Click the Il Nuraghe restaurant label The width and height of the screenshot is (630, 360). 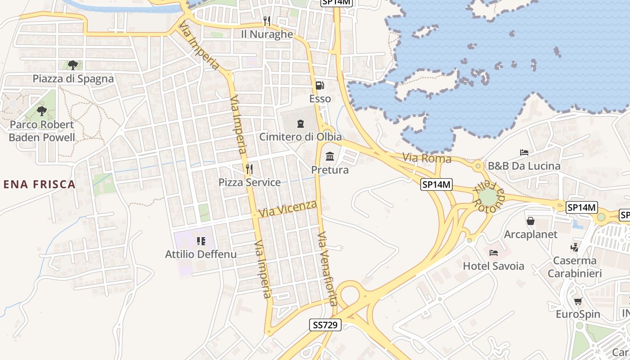[267, 34]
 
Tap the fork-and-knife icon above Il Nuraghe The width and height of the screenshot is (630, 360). [267, 21]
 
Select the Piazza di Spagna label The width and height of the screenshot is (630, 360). [73, 79]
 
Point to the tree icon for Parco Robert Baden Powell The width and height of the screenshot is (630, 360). [42, 111]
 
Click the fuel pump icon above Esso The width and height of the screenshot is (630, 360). [319, 85]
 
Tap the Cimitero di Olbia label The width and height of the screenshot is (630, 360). [300, 137]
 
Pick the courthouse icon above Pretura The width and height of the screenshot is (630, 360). [330, 157]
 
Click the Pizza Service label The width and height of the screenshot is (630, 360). [249, 182]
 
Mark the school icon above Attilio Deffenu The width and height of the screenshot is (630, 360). [201, 241]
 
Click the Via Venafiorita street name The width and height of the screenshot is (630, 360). [327, 269]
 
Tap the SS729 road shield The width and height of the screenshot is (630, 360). [325, 324]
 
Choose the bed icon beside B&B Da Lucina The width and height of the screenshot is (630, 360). [524, 153]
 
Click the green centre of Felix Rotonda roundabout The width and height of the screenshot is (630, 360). [488, 197]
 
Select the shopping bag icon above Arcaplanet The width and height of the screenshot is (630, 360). [531, 221]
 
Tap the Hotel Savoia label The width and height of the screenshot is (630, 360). [494, 266]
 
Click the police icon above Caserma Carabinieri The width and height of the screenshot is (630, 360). [574, 247]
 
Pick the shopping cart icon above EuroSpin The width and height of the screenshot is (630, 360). [578, 301]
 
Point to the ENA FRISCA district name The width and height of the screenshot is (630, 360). [39, 184]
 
